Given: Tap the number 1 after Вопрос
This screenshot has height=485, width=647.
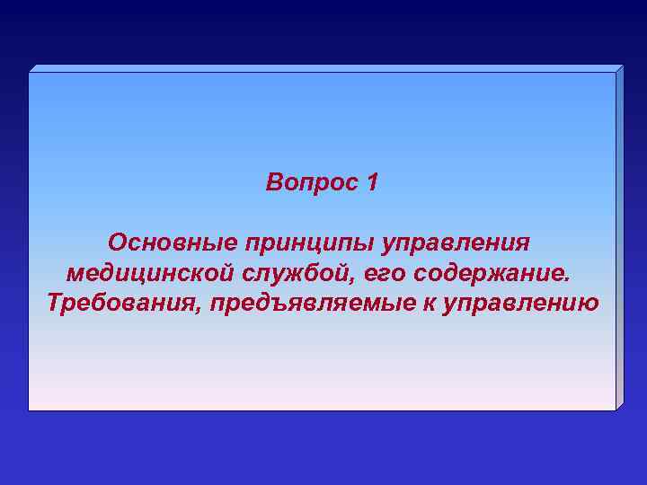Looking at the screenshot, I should pos(373,183).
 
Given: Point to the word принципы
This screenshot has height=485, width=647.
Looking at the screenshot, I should pos(307,244).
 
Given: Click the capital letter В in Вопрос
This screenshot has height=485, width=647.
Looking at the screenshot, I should pos(274,183).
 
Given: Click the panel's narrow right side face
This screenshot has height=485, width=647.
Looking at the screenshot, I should pos(619,238).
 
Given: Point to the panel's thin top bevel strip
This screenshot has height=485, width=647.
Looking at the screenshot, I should pos(323,68).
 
